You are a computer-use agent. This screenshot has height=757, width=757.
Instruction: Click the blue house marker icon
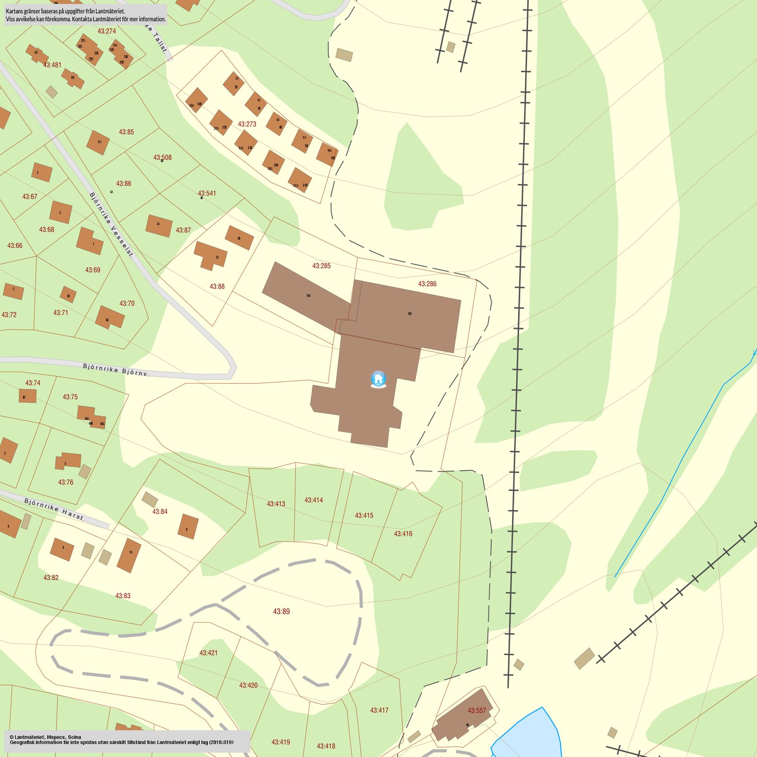click(x=378, y=379)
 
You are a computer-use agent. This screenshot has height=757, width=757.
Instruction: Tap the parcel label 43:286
click(x=427, y=284)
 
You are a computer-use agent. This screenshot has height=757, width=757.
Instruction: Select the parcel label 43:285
click(x=321, y=266)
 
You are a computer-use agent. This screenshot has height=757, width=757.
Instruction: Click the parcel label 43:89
click(x=281, y=611)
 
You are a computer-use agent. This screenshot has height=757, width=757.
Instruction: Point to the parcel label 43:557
click(x=477, y=711)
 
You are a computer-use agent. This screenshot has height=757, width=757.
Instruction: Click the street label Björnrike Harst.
click(x=55, y=509)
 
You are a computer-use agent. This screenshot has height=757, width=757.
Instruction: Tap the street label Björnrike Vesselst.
click(x=111, y=224)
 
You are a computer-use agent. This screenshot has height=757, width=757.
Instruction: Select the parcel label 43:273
click(x=247, y=124)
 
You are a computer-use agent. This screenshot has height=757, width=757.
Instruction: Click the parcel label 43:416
click(x=403, y=534)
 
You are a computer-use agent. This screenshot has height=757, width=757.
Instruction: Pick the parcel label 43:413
click(x=276, y=504)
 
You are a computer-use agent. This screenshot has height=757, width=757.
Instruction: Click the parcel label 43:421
click(x=208, y=652)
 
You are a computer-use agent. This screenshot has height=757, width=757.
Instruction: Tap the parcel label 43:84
click(x=160, y=512)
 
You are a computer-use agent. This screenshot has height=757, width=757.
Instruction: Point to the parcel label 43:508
click(x=162, y=157)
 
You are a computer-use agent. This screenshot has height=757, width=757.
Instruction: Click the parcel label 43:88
click(x=217, y=286)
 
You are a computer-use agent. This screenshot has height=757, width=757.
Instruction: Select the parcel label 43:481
click(x=52, y=65)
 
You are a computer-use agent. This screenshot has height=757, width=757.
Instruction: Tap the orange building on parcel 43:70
click(x=110, y=317)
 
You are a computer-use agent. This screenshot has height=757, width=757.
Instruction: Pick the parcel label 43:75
click(x=70, y=397)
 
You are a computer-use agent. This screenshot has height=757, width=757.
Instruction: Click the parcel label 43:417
click(x=379, y=710)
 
